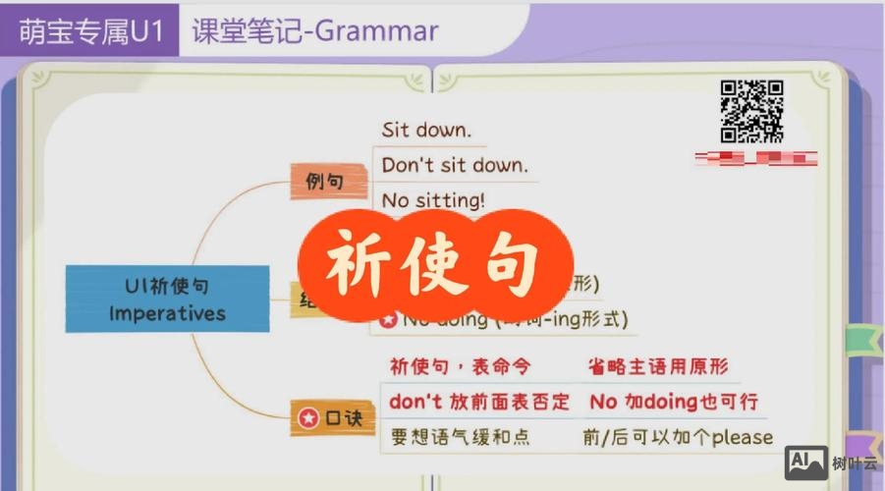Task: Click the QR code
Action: click(751, 110)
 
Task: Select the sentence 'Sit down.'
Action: click(426, 130)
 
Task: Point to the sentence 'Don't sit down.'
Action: click(454, 165)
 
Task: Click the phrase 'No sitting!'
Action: click(433, 200)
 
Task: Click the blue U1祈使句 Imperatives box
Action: click(167, 300)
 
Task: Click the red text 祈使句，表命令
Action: click(460, 366)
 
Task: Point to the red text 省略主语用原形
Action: click(658, 366)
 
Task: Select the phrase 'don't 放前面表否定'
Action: click(479, 402)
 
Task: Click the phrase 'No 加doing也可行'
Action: click(674, 402)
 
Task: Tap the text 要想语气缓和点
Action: click(460, 437)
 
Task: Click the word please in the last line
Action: click(743, 437)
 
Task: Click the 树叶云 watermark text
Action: click(855, 464)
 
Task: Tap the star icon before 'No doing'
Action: click(388, 320)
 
